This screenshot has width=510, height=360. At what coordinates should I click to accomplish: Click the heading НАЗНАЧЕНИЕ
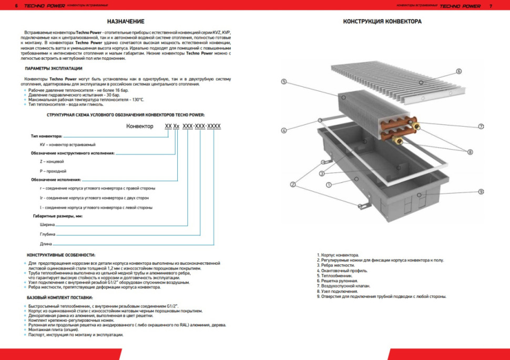[126, 22]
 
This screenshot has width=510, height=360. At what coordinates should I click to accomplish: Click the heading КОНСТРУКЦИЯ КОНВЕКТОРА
[382, 22]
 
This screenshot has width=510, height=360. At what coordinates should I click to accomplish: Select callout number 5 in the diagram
[283, 81]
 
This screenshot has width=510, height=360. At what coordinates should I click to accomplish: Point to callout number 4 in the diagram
[283, 130]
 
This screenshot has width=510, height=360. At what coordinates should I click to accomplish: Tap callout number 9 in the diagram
[481, 191]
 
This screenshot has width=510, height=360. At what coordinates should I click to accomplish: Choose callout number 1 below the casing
[328, 185]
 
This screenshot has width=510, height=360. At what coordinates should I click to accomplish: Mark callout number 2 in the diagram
[293, 184]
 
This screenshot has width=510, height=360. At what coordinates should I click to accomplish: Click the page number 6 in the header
[17, 6]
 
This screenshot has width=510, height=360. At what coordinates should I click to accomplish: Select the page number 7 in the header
[490, 6]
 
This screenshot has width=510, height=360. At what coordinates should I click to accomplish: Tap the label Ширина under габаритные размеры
[47, 224]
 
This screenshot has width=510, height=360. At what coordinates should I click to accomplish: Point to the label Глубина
[48, 234]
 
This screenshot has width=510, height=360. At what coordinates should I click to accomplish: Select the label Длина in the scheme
[46, 244]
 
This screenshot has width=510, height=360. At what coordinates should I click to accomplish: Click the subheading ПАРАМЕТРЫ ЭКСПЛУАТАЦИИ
[54, 69]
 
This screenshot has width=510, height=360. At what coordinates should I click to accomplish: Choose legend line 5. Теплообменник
[336, 275]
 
